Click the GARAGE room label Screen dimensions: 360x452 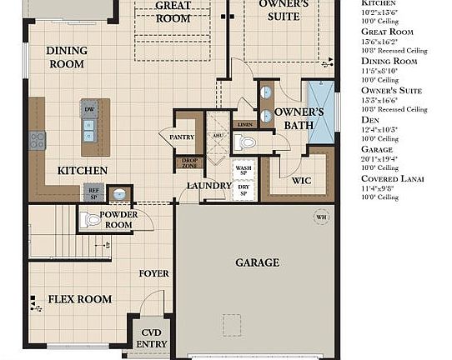click(x=257, y=262)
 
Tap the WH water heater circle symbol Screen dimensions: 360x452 click(x=321, y=218)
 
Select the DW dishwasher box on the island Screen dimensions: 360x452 click(x=88, y=108)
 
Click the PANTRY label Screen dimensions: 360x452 click(x=181, y=136)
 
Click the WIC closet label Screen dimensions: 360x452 click(x=301, y=180)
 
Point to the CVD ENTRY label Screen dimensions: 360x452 click(x=151, y=337)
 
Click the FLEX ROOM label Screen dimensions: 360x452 click(x=80, y=299)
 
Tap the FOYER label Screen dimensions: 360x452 click(x=153, y=273)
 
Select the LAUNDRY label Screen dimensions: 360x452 click(x=208, y=186)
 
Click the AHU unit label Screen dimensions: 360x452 click(x=217, y=136)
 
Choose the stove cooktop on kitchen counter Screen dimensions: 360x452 click(x=37, y=140)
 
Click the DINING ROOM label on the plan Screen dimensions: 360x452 click(x=67, y=57)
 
